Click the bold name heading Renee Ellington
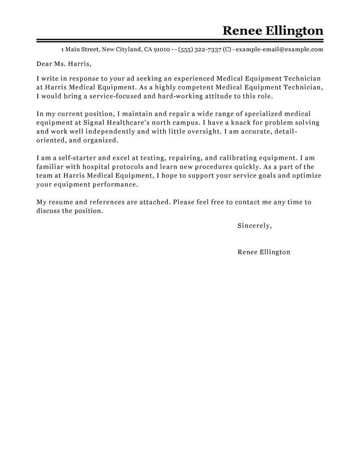(x=273, y=31)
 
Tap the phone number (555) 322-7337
(x=199, y=50)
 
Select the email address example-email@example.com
(x=279, y=50)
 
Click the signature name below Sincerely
(x=264, y=252)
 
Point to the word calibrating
(x=234, y=158)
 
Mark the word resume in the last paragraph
(x=61, y=202)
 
